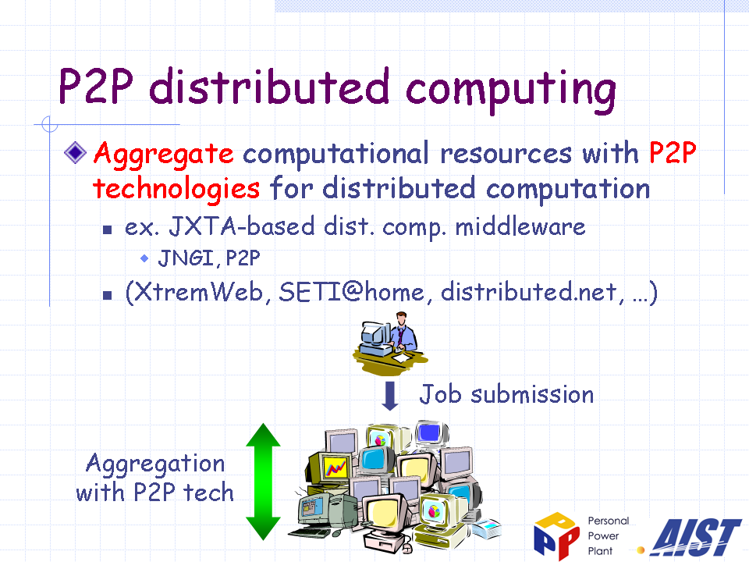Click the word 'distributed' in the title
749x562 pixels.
[x=269, y=86]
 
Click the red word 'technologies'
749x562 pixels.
[x=176, y=189]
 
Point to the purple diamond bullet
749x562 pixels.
[x=75, y=152]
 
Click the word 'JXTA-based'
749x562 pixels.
[x=242, y=226]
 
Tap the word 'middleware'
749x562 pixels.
[x=520, y=226]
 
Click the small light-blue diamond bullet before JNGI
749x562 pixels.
[x=144, y=258]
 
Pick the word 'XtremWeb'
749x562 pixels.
[x=198, y=291]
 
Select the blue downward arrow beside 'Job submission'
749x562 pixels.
[x=390, y=396]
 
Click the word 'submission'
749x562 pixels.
[x=532, y=395]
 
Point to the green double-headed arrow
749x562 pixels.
[x=263, y=482]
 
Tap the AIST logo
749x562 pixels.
[x=696, y=537]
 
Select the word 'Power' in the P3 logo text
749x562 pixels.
[x=603, y=536]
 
